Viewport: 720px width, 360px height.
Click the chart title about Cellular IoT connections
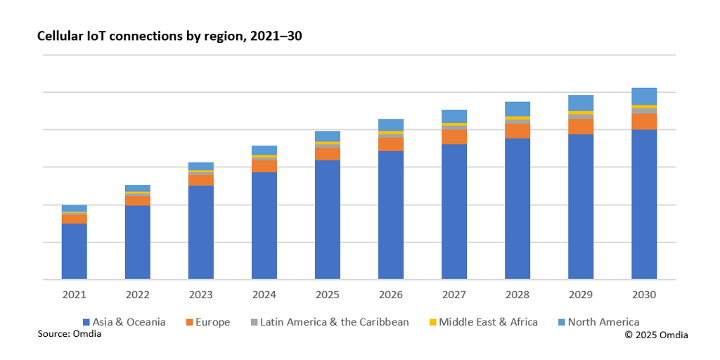click(169, 36)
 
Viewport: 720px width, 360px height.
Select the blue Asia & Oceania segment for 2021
click(75, 251)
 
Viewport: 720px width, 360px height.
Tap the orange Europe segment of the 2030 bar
click(644, 122)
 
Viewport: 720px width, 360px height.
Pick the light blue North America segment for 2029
click(581, 103)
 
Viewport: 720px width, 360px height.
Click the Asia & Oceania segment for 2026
click(391, 215)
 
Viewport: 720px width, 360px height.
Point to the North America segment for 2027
click(454, 116)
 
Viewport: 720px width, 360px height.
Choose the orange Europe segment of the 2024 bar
click(264, 166)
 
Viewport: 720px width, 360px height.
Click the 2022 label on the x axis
click(138, 295)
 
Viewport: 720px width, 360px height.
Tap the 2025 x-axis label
click(328, 295)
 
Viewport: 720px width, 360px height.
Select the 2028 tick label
click(517, 295)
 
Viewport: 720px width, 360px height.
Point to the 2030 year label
click(644, 295)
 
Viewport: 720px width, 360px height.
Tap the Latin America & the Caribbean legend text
click(334, 322)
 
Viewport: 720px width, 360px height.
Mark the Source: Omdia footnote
click(70, 334)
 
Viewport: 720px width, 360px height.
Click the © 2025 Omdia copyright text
click(656, 335)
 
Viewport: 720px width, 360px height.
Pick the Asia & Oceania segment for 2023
click(201, 232)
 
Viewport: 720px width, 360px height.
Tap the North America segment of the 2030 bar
click(644, 96)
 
